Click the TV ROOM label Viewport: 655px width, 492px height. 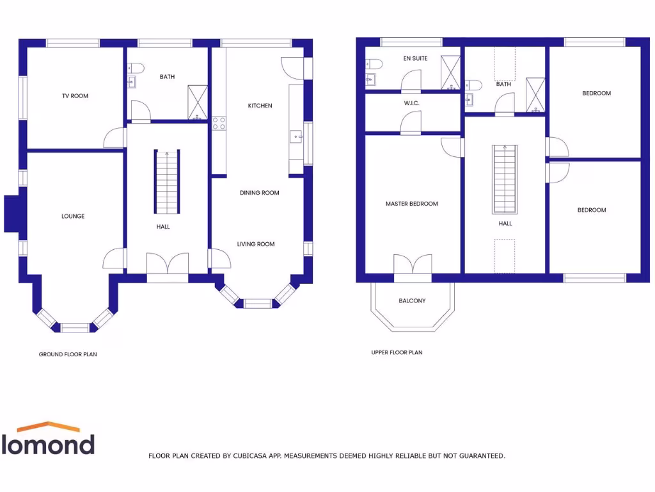75,96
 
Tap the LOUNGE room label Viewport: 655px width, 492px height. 73,217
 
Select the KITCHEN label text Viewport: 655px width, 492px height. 260,106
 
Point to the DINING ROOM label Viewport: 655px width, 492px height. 260,193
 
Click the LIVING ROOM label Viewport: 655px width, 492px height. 256,244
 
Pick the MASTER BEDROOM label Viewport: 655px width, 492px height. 412,204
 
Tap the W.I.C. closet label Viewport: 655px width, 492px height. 412,103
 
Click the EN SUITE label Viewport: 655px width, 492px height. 415,59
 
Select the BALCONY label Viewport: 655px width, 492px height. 412,300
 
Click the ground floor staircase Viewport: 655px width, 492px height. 167,182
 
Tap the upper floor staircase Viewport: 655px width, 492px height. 505,179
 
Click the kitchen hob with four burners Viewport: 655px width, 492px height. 219,123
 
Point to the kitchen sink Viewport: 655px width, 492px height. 296,136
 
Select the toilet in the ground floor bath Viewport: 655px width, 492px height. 136,68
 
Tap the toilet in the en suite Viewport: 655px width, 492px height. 374,63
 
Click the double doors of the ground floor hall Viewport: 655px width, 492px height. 168,264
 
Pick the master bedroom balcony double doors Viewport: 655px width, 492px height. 413,265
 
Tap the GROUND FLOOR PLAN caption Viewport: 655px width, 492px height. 68,354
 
